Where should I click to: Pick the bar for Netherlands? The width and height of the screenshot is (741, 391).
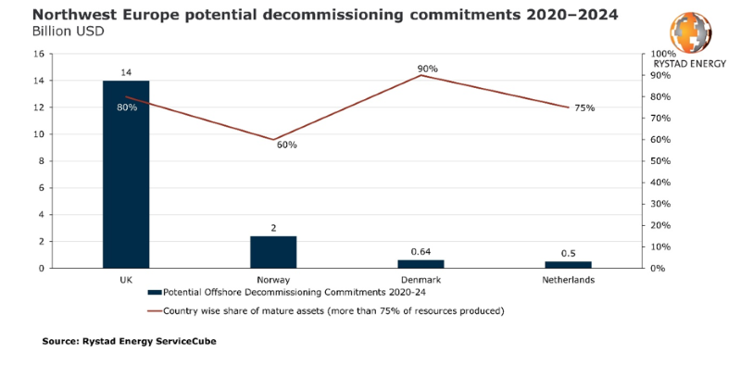click(x=569, y=265)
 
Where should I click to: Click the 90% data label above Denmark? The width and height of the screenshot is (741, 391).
click(x=427, y=69)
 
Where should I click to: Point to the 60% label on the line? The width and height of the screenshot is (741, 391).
click(x=287, y=145)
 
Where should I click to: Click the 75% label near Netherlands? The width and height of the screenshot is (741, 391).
click(x=584, y=108)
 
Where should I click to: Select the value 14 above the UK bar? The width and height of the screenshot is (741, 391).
click(x=126, y=71)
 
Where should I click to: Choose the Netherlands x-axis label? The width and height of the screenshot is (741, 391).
click(x=569, y=279)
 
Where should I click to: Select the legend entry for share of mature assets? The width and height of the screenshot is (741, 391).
click(x=333, y=310)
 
